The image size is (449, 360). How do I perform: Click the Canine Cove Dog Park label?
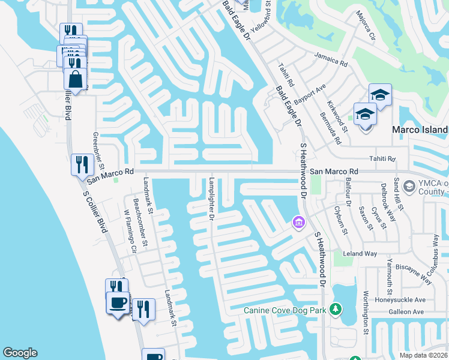coord(285,310)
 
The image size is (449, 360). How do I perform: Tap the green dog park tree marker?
coord(337,310)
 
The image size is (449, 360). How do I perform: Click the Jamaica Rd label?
coord(331,59)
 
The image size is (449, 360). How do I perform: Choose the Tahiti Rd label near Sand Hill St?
coord(383,158)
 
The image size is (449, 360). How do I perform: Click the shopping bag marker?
coord(76,79)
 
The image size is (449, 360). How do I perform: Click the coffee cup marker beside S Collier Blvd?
coord(118,302)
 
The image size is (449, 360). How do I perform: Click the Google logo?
coord(20,353)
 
